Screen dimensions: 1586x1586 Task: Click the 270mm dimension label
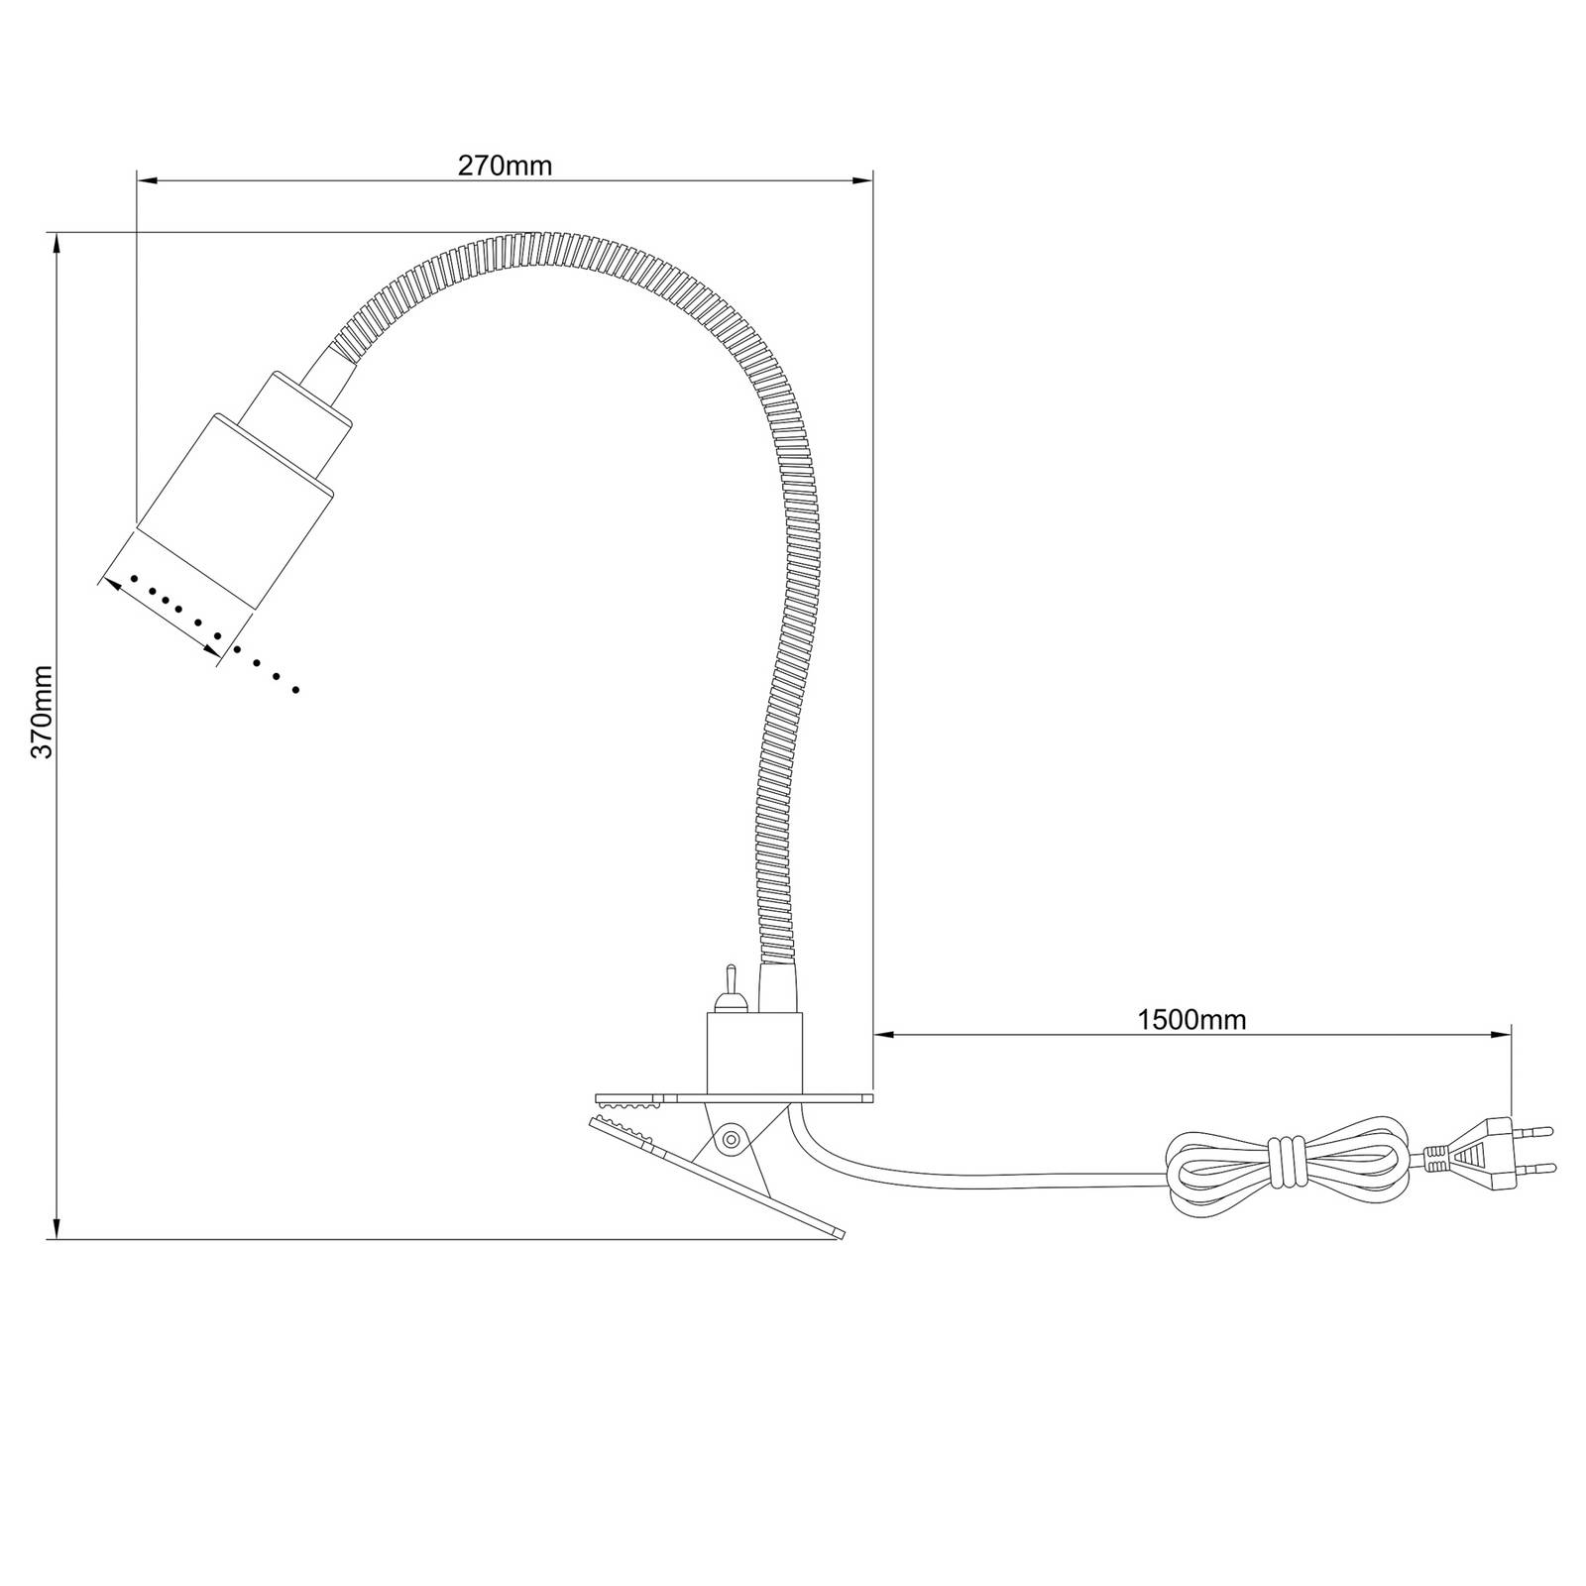pos(505,166)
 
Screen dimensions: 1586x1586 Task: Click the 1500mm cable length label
pos(1191,1019)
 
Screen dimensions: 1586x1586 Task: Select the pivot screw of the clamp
pos(732,1138)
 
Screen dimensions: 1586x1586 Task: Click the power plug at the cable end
pos(1487,1153)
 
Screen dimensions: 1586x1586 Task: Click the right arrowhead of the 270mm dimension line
pos(863,180)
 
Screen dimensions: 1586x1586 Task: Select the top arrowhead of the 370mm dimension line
pos(57,242)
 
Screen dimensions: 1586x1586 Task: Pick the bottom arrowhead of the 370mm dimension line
pos(57,1229)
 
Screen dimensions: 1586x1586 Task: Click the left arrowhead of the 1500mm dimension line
pos(883,1034)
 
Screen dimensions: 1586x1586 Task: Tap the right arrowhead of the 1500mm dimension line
pos(1502,1034)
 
